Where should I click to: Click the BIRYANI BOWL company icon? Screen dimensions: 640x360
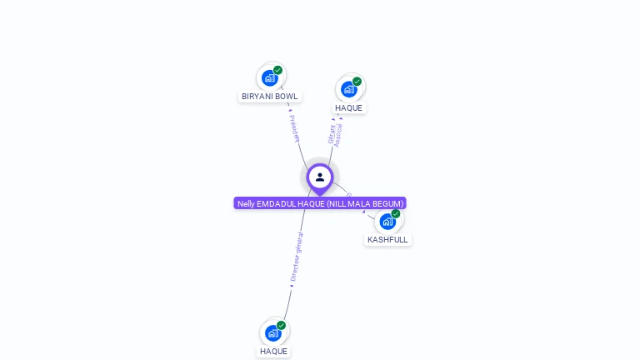click(x=269, y=78)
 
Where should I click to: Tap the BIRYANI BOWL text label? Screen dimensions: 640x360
click(x=269, y=97)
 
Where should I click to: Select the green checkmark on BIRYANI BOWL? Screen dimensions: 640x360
click(x=277, y=71)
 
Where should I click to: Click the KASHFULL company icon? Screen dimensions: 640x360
click(x=387, y=222)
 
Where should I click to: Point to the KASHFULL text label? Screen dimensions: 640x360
click(x=387, y=240)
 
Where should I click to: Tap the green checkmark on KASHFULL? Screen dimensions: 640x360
click(x=396, y=214)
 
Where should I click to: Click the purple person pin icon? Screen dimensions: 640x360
click(x=320, y=177)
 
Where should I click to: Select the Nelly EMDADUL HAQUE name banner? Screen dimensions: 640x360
click(x=320, y=203)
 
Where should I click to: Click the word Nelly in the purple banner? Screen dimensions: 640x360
click(x=247, y=203)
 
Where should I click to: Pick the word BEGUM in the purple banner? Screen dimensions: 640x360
click(x=389, y=203)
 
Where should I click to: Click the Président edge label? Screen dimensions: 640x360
click(x=293, y=128)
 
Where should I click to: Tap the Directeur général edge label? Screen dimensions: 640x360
click(x=297, y=257)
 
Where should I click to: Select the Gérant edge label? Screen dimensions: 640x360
click(x=331, y=134)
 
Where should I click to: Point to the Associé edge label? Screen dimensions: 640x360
click(x=338, y=135)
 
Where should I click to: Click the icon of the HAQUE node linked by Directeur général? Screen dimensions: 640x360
click(x=272, y=333)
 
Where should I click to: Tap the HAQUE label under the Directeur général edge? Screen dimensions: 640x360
click(x=273, y=352)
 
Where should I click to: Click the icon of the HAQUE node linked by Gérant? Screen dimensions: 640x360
click(x=348, y=89)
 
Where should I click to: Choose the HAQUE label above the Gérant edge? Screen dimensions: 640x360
click(x=349, y=108)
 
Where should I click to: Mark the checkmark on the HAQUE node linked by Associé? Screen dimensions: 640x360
click(x=357, y=82)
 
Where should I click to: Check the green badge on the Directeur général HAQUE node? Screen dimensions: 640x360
click(x=281, y=326)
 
